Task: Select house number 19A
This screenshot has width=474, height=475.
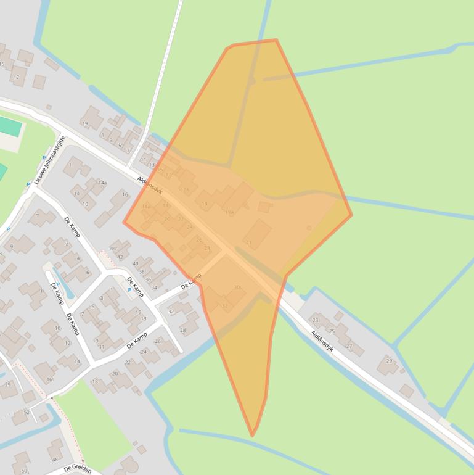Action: click(229, 212)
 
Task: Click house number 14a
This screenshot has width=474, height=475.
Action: click(102, 183)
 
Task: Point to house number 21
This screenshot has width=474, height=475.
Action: click(249, 243)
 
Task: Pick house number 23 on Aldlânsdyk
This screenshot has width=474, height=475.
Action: click(316, 320)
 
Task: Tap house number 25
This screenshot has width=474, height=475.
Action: click(332, 331)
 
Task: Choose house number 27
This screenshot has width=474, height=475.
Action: click(349, 346)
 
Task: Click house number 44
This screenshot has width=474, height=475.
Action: click(113, 249)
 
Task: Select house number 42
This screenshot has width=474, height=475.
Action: click(120, 257)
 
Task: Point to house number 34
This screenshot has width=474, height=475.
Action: click(154, 287)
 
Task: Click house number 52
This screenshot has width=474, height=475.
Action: click(26, 412)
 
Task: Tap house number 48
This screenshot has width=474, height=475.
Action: click(55, 459)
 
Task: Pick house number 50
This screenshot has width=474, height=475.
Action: click(23, 471)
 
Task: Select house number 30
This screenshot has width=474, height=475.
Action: click(237, 287)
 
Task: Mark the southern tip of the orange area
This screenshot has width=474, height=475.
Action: click(252, 436)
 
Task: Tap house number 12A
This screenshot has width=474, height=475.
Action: click(184, 189)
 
